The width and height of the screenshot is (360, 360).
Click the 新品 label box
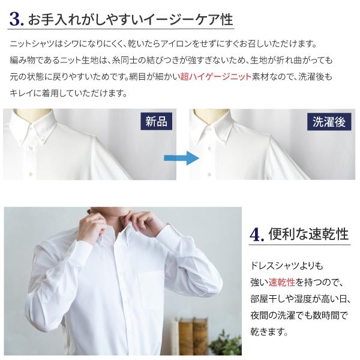point(157,122)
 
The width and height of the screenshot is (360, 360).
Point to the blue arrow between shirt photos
point(181,158)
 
